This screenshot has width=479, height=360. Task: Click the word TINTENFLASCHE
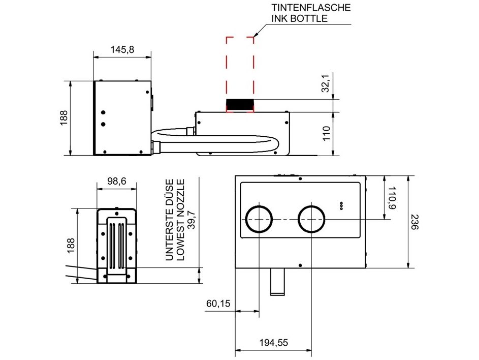(311, 8)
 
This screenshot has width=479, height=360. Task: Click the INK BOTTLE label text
(300, 18)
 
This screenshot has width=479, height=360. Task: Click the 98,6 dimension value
(116, 181)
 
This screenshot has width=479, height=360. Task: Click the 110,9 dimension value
(392, 198)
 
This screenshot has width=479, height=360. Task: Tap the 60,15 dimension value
(218, 304)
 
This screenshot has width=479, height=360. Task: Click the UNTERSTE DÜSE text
(170, 219)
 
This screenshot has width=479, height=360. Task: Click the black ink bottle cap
(240, 105)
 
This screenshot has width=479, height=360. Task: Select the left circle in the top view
(260, 219)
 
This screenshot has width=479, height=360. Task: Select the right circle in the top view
(312, 219)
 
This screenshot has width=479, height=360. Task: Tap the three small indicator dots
(341, 204)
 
